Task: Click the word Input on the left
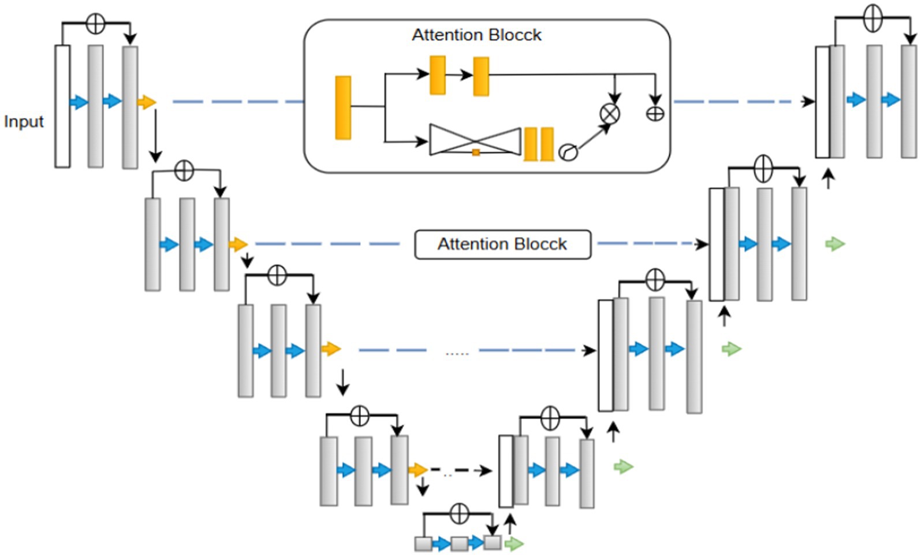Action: [24, 121]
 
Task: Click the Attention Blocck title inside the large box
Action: [476, 35]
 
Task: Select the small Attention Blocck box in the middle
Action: [502, 244]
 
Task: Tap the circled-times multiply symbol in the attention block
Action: [610, 113]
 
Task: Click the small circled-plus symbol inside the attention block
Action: [655, 114]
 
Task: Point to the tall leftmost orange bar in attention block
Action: [343, 108]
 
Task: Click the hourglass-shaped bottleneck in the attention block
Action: [475, 140]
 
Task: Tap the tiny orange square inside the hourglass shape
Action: [476, 153]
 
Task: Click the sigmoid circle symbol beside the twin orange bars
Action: [568, 153]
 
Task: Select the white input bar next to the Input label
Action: [62, 106]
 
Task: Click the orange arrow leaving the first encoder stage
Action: [147, 102]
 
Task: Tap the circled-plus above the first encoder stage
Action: [95, 24]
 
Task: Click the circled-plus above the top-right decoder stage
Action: [872, 18]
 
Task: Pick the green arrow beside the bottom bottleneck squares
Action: [514, 543]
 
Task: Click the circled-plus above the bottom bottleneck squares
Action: [459, 513]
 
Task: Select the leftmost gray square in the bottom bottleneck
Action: [423, 543]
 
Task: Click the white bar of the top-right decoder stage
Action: [822, 102]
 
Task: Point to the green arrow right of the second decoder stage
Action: [835, 244]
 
